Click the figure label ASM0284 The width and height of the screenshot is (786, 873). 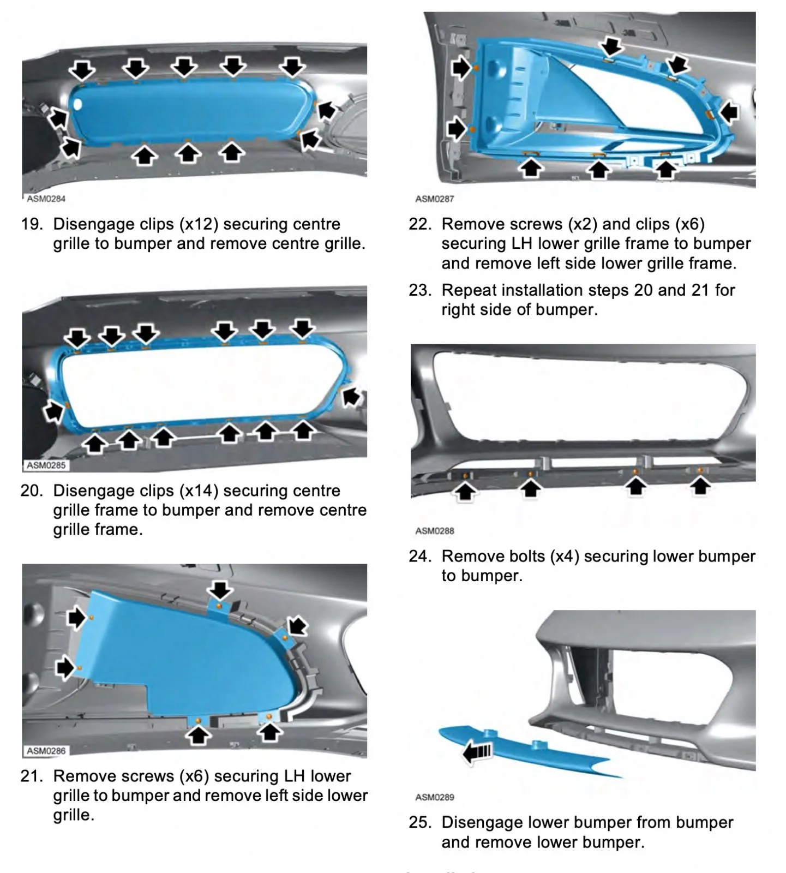click(46, 199)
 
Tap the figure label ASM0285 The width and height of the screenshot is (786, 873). click(46, 465)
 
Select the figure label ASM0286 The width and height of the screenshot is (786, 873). click(46, 751)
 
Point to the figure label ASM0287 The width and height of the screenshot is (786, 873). click(434, 199)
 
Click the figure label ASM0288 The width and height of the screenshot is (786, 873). click(434, 531)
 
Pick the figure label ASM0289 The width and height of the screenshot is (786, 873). click(434, 797)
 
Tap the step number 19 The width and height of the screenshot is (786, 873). click(32, 224)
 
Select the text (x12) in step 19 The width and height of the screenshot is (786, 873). click(199, 224)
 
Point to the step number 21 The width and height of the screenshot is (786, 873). click(32, 776)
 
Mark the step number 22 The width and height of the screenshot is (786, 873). click(420, 224)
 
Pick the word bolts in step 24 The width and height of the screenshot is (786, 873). click(524, 557)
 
